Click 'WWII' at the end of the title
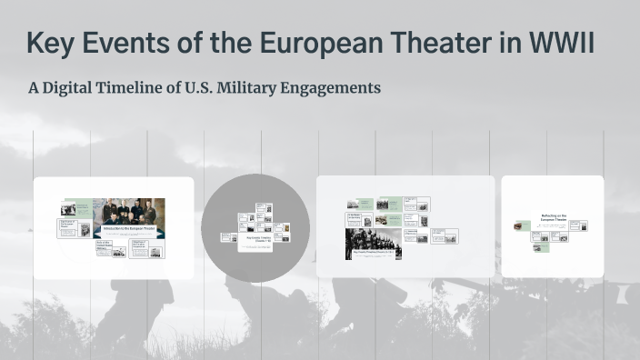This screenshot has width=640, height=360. (558, 42)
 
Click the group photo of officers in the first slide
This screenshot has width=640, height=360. (128, 211)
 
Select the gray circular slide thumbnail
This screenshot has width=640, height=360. (255, 227)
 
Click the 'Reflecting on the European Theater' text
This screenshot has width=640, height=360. (554, 218)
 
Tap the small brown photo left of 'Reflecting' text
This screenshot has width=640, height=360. (523, 225)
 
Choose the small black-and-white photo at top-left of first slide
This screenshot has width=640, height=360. (68, 209)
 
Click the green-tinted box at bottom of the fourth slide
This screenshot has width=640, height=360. (541, 246)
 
